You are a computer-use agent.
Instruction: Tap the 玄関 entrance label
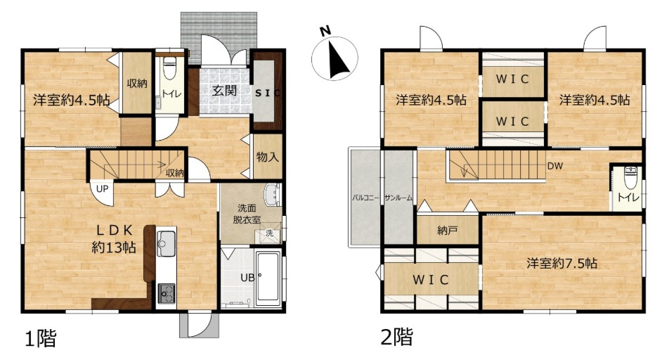point(224,90)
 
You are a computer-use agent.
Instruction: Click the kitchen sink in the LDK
point(166,243)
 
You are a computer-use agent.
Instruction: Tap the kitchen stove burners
point(166,293)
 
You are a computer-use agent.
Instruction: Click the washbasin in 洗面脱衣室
point(271,195)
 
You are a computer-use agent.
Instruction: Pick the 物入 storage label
point(268,157)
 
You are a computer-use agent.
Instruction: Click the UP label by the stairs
point(102,188)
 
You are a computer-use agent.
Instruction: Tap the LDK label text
point(114,231)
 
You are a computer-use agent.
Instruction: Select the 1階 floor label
point(41,339)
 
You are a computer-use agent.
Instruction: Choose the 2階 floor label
point(396,337)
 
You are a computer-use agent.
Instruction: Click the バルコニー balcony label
point(365,198)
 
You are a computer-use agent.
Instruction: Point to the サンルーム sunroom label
point(398,198)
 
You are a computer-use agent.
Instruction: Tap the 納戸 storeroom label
point(448,231)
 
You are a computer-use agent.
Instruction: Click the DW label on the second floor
point(555,166)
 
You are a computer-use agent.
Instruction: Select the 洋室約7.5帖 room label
point(561,263)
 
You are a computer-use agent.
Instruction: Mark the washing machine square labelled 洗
point(269,234)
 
